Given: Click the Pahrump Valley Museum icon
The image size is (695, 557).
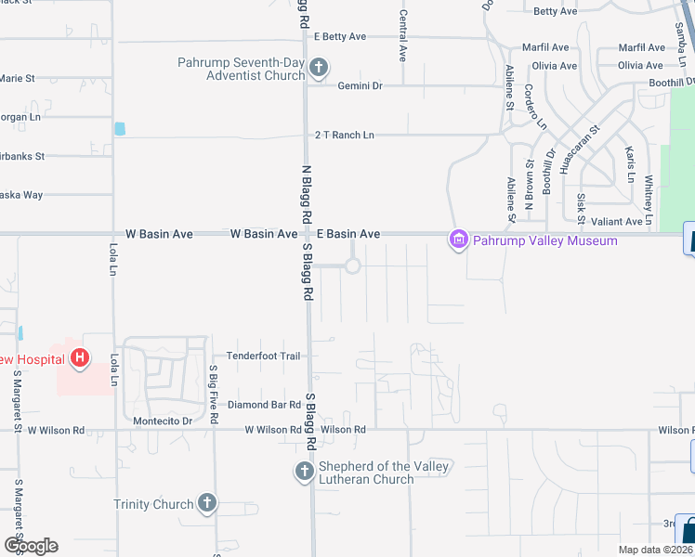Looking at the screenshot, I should click(x=456, y=240).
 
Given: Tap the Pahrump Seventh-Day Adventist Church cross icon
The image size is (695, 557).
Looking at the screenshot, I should click(x=319, y=67).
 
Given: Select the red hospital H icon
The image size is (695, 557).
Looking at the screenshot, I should click(x=81, y=357).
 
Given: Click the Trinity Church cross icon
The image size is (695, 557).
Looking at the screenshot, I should click(x=206, y=504).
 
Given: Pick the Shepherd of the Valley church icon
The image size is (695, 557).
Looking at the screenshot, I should click(x=304, y=472).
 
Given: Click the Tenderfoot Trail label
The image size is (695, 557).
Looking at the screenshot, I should click(x=264, y=356).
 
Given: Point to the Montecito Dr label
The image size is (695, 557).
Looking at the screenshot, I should click(x=162, y=421).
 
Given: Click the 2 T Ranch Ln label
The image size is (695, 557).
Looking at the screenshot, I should click(x=344, y=135).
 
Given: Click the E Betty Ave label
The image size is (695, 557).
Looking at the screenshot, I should click(x=340, y=37).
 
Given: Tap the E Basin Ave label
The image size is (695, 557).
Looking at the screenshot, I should click(x=348, y=234).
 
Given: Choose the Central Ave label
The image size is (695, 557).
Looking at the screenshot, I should click(x=402, y=35).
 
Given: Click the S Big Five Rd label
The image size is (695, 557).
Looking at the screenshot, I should click(x=213, y=395).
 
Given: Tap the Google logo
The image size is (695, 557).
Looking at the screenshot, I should click(x=30, y=546).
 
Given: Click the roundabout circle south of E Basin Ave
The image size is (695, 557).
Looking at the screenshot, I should click(x=352, y=266).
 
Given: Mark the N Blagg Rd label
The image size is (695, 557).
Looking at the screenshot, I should click(x=305, y=193).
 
